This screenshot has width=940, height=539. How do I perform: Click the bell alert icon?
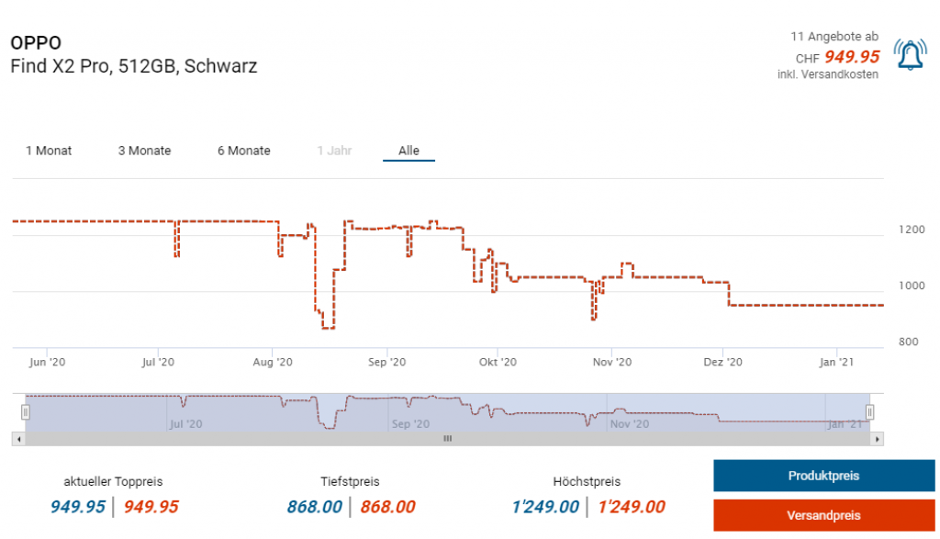[910, 56]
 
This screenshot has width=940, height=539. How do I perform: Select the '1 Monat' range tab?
[49, 151]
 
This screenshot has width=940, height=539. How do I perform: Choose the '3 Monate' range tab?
[144, 151]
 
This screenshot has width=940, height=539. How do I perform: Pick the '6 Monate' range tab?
[243, 151]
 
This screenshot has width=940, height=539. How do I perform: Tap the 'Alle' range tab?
[408, 151]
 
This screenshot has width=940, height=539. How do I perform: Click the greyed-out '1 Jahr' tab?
[334, 151]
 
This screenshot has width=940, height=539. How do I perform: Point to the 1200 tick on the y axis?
[912, 230]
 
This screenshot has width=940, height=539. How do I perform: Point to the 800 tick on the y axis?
[908, 342]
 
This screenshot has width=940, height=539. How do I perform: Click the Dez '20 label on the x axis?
[722, 363]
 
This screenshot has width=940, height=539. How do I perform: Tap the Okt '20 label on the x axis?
[497, 363]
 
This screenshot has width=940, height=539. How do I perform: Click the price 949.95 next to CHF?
[851, 57]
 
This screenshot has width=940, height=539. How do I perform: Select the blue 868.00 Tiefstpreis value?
[315, 507]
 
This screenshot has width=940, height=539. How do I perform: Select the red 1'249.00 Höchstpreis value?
[632, 507]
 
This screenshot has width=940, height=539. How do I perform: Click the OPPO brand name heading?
[36, 43]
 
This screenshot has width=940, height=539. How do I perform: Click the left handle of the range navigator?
[26, 411]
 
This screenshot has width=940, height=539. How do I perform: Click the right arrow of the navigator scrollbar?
[878, 439]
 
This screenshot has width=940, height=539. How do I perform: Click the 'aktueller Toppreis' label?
[113, 481]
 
